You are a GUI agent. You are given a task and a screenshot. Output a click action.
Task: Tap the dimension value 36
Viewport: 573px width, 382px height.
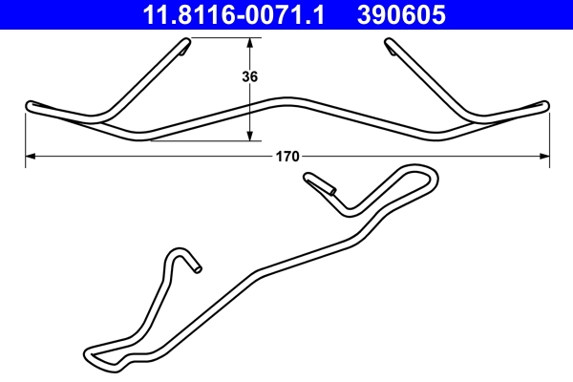click(x=250, y=77)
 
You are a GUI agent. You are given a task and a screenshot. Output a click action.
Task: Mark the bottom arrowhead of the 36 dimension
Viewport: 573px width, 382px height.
click(x=250, y=137)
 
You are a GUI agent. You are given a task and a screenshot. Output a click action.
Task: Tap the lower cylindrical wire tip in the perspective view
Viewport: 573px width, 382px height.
click(x=196, y=268)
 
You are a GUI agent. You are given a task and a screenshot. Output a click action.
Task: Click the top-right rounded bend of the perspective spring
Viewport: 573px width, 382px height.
click(x=431, y=174)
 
